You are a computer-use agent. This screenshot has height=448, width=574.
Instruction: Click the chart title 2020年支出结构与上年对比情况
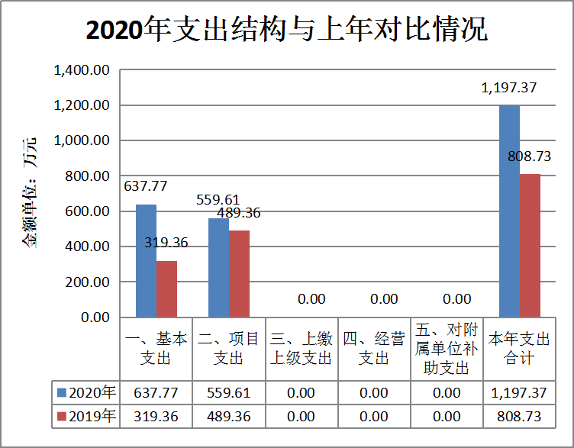(x=286, y=32)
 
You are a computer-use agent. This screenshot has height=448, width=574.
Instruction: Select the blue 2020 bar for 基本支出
(x=146, y=260)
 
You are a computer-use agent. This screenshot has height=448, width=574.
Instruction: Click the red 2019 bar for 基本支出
(x=166, y=288)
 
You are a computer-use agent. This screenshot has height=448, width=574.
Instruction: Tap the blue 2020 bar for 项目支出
(x=218, y=267)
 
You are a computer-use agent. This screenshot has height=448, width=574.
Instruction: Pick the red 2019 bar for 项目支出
(x=239, y=273)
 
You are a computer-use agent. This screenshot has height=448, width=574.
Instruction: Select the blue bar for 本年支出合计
(x=509, y=211)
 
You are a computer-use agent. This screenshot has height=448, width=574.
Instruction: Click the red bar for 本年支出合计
(x=530, y=245)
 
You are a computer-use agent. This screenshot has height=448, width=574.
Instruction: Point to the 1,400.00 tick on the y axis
(x=82, y=70)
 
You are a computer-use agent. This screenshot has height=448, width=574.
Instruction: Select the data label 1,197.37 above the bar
(x=509, y=88)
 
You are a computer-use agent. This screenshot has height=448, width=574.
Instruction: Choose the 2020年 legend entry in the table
(x=85, y=392)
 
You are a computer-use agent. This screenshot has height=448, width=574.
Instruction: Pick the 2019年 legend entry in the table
(x=85, y=416)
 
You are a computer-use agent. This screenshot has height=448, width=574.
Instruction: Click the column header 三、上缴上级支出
(x=302, y=348)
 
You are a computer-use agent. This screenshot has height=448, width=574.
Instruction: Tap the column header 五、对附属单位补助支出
(x=447, y=348)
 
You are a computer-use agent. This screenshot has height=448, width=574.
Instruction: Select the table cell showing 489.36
(x=229, y=416)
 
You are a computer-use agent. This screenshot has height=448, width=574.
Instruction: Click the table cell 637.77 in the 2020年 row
(x=156, y=392)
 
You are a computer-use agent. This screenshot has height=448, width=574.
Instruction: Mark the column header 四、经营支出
(x=374, y=348)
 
